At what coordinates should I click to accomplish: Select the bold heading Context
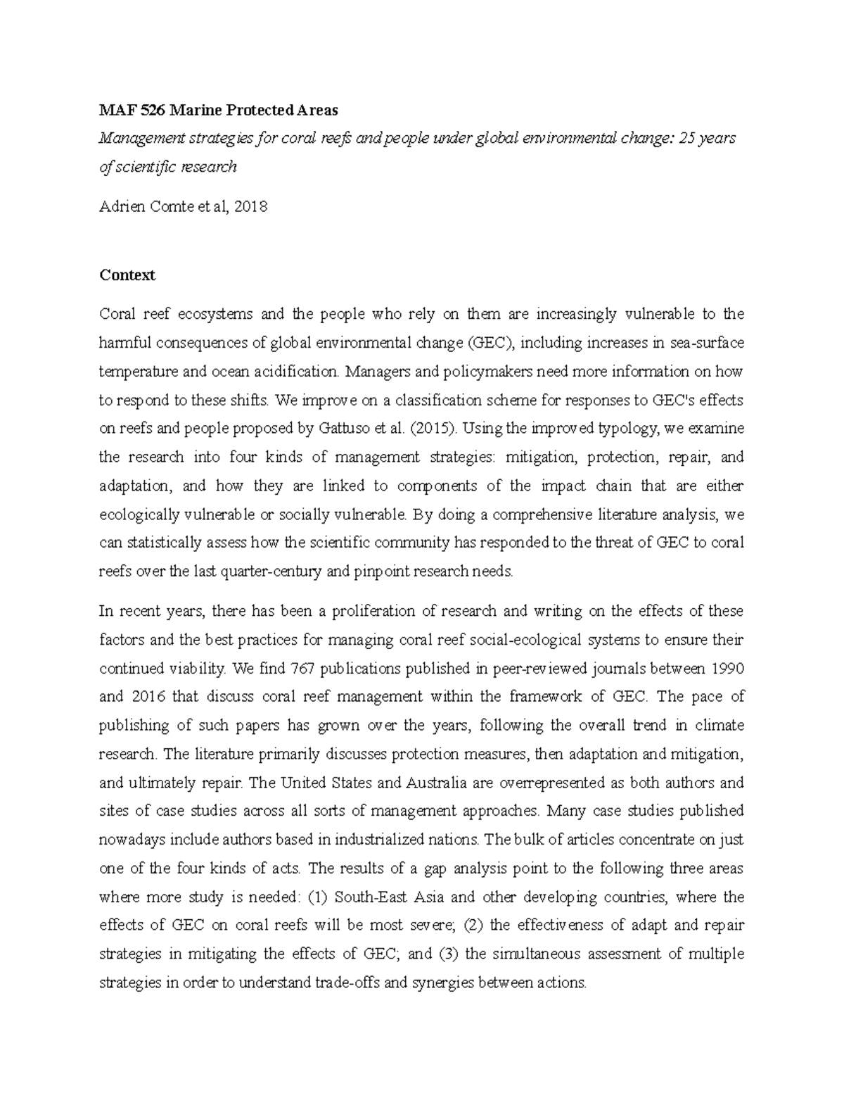point(127,275)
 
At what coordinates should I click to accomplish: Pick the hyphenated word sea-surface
point(706,343)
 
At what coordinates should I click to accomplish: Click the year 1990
point(727,668)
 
